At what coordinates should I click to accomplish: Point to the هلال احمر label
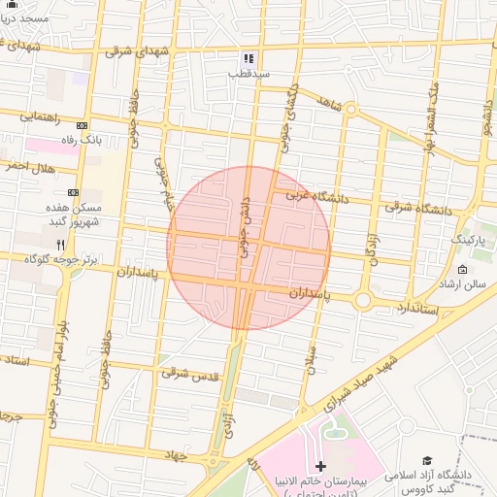coord(25,167)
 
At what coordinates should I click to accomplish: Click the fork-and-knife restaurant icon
coord(61,245)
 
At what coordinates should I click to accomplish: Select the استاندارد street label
coord(418,308)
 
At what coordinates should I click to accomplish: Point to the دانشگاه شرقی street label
coord(418,207)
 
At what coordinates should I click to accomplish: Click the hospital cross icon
coord(321,467)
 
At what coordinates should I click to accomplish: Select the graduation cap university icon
coord(427,460)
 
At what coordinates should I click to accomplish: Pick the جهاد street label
coord(175,454)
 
